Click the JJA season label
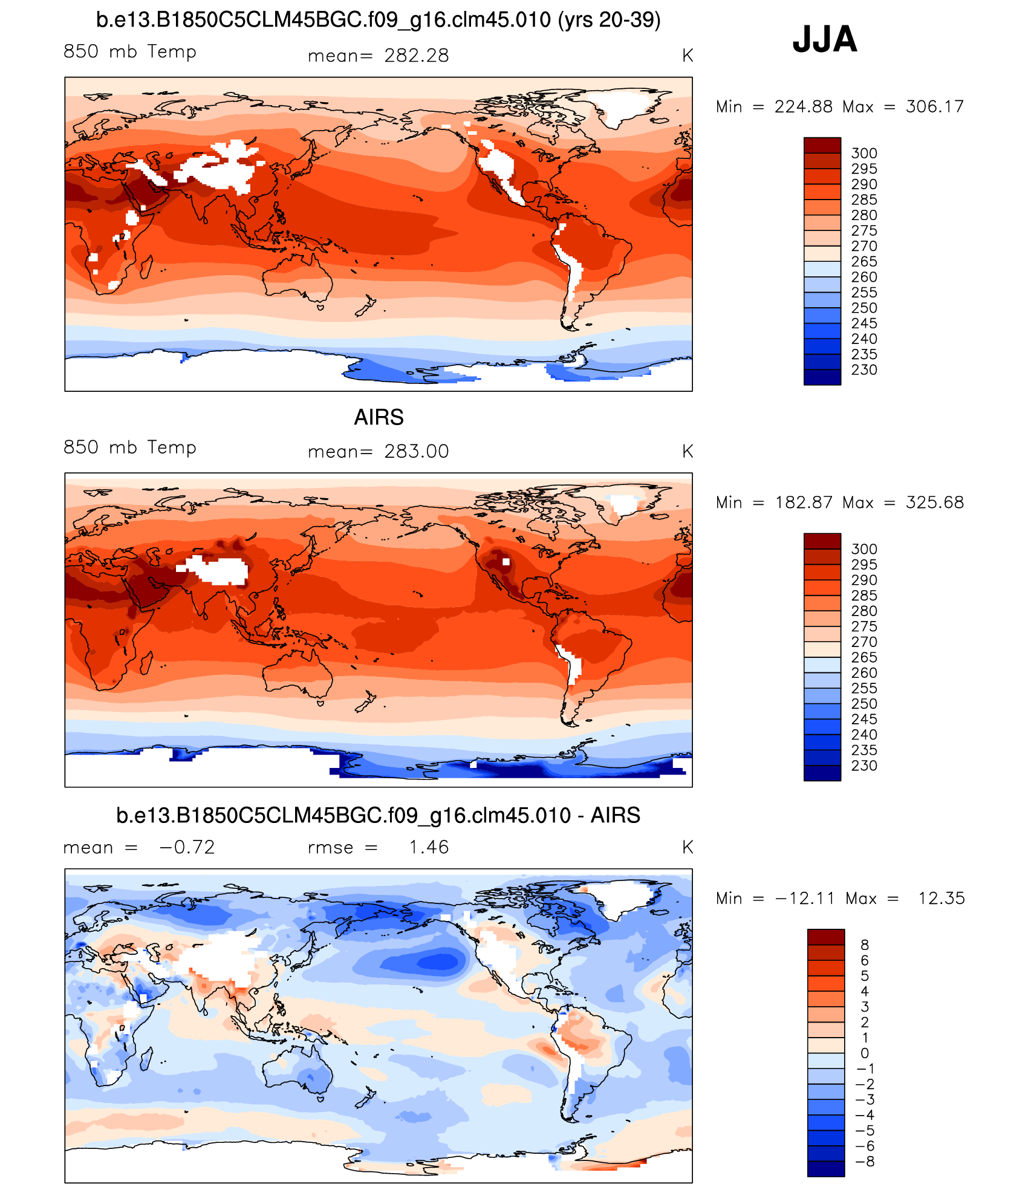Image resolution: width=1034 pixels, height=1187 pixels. point(824,39)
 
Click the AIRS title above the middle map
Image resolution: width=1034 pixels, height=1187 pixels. point(379,417)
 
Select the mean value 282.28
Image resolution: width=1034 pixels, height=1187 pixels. point(416,56)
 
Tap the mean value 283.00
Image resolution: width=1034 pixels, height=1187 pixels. point(416,451)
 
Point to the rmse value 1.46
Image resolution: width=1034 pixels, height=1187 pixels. point(428,847)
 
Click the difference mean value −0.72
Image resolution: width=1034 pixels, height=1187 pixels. point(187,847)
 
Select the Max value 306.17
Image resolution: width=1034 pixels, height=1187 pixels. point(934,106)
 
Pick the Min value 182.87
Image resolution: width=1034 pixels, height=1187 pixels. point(804,502)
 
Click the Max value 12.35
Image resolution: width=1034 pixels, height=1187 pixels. point(941,899)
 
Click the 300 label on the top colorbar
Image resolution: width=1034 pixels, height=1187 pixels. point(863,153)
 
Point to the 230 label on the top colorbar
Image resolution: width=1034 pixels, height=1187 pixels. point(863,369)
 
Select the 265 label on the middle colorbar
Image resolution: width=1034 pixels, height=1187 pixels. point(863,657)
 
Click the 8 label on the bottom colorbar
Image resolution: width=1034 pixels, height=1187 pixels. point(864,945)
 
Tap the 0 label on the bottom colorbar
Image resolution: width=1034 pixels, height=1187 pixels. point(864,1053)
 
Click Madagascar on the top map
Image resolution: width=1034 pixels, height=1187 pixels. point(146,266)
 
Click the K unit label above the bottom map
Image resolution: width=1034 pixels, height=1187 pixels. point(687,847)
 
